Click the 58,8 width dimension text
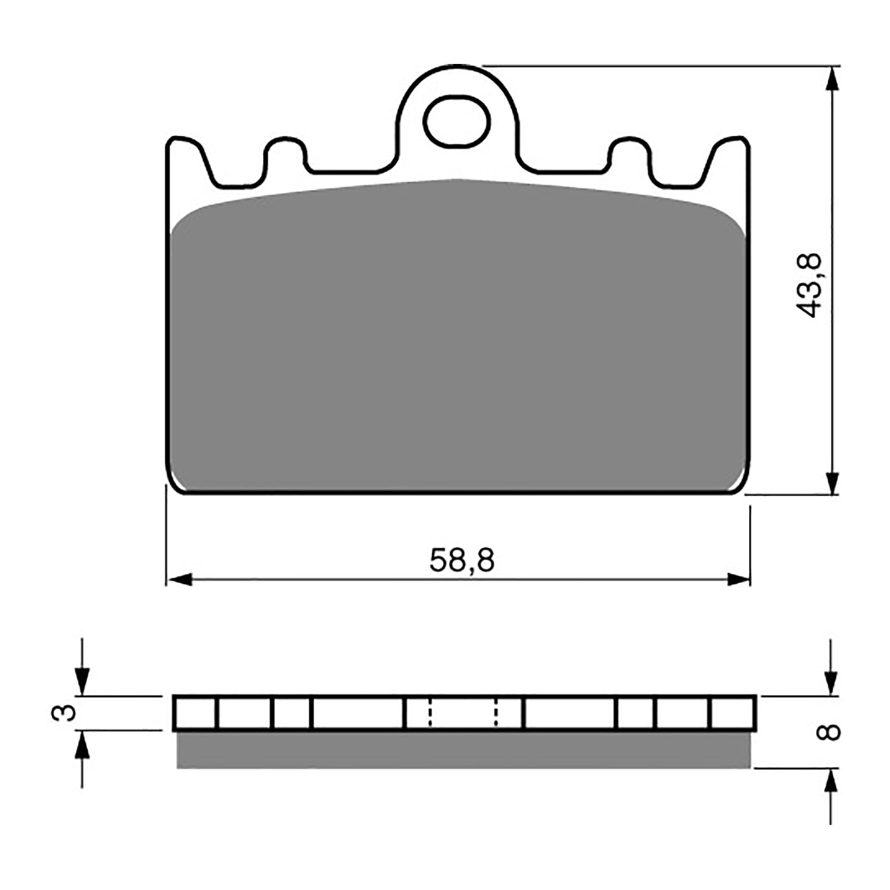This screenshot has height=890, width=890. [x=461, y=560]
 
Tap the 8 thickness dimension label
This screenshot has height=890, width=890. [x=828, y=733]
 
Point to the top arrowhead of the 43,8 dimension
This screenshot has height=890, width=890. [x=832, y=78]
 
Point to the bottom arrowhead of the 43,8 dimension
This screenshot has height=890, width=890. [x=832, y=483]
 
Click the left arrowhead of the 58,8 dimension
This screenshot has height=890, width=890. [x=179, y=580]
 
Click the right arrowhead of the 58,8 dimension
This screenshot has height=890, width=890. [x=739, y=580]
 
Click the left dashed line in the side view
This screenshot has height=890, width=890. [x=429, y=713]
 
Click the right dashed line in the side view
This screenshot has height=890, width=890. [x=496, y=713]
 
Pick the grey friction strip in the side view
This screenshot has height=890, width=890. [x=463, y=750]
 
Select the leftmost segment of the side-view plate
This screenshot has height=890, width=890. [x=195, y=713]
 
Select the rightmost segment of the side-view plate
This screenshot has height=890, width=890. [x=732, y=713]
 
